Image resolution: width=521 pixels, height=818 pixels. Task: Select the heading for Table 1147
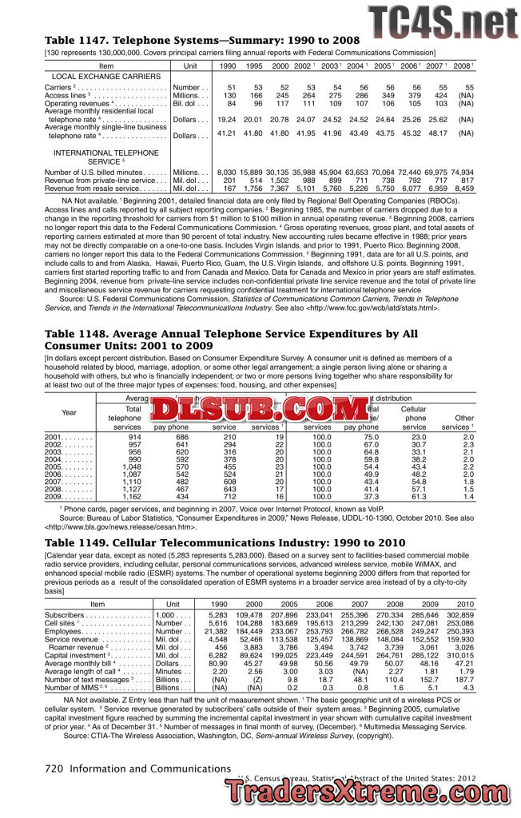[x=202, y=40]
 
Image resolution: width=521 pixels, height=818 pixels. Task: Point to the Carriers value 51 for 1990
[x=231, y=87]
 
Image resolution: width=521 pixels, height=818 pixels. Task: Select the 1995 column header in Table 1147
[x=253, y=66]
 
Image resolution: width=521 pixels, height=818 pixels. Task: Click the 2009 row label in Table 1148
[x=54, y=497]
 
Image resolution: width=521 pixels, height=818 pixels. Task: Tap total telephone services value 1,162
[x=132, y=497]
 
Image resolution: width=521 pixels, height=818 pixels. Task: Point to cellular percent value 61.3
[x=418, y=497]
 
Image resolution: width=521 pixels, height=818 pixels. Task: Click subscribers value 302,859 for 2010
[x=460, y=615]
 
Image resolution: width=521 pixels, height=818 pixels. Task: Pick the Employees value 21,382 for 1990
[x=216, y=631]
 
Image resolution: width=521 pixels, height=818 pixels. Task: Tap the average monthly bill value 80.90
[x=217, y=663]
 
